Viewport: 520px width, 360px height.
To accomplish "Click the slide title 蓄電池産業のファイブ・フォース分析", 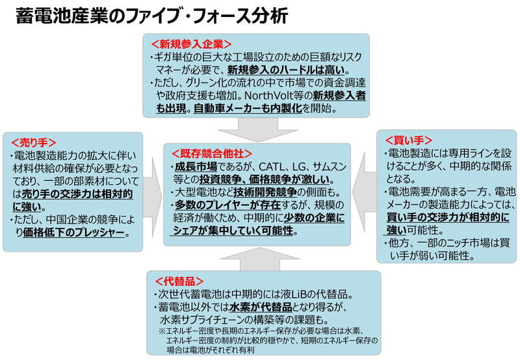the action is pos(151,16).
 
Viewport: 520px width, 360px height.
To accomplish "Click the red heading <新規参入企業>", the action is pos(191,44).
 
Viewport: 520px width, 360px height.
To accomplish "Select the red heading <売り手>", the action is pos(34,143).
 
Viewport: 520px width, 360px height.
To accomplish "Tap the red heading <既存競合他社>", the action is pos(212,153).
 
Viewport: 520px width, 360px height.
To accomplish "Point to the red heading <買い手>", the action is pos(409,140).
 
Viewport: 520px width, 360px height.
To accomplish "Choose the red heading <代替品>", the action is pos(179,281).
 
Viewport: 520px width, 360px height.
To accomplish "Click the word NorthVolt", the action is pos(269,96).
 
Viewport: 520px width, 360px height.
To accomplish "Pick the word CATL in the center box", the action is pos(271,166).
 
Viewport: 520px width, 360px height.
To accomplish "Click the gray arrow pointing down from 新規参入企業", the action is pos(258,129).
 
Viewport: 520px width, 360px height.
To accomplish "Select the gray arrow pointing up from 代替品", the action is pos(260,259).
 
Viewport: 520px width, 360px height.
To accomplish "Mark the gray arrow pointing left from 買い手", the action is pos(364,192).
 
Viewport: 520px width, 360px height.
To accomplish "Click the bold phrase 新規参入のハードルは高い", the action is pos(286,70).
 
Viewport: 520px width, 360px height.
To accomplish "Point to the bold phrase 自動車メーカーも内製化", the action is pos(248,109).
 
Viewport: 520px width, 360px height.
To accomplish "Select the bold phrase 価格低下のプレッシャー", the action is pos(73,233).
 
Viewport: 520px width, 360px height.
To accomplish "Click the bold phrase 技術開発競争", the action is pos(265,192).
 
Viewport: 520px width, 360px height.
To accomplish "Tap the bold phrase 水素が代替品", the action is pos(261,307).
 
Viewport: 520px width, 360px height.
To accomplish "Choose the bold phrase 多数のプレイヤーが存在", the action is pos(228,205).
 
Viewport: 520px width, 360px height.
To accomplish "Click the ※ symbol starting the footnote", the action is pos(162,331).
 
